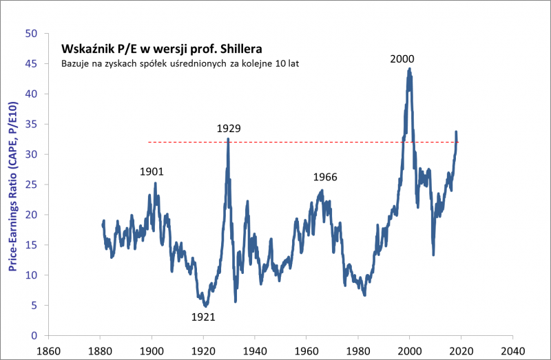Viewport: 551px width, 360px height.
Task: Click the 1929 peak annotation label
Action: [x=228, y=128]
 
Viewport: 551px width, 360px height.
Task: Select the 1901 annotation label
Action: [x=152, y=171]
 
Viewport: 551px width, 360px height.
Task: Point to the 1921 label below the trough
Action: [x=204, y=317]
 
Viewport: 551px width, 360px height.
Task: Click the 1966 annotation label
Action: [x=325, y=177]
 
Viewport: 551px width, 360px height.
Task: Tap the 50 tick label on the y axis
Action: [x=30, y=33]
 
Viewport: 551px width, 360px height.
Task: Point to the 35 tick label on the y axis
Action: [x=30, y=124]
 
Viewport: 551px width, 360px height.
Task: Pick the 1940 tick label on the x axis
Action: [x=255, y=349]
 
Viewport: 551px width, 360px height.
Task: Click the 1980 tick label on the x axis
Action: [x=358, y=349]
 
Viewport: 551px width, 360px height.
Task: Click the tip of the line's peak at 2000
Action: [x=409, y=68]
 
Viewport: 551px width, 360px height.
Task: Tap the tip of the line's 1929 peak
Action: [x=228, y=140]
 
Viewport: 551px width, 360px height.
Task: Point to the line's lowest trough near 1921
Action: [x=205, y=306]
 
